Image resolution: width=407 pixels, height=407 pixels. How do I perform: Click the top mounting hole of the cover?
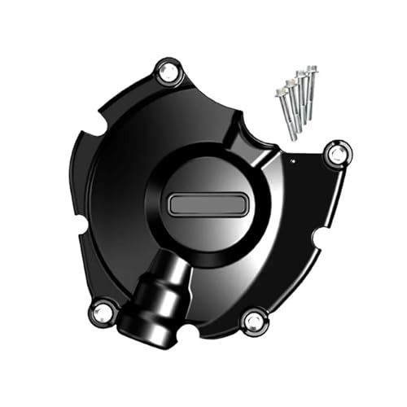tap(167, 74)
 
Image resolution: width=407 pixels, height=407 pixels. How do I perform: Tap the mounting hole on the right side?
tap(336, 153)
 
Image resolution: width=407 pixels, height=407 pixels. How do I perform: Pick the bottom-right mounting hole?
tap(253, 320)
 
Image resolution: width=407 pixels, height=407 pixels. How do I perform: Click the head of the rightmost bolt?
tap(311, 69)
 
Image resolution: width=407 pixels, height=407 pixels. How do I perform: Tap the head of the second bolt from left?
tap(291, 82)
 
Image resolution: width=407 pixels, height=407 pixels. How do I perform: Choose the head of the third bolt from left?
tap(300, 75)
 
